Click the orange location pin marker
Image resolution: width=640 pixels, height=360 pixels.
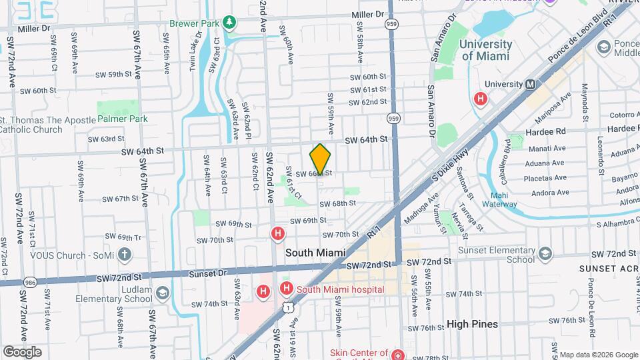(x=320, y=159)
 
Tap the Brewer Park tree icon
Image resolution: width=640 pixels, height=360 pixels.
(x=230, y=23)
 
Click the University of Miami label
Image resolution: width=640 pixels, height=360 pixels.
(x=486, y=50)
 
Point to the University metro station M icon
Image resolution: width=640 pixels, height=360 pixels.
(x=531, y=85)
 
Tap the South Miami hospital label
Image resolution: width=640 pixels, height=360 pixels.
(x=340, y=289)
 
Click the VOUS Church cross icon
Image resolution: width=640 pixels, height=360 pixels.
(x=124, y=255)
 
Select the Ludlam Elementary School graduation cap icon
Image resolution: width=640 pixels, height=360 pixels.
(x=162, y=293)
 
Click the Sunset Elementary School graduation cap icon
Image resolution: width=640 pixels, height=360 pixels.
(x=545, y=253)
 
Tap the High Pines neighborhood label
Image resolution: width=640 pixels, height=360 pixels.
(x=472, y=324)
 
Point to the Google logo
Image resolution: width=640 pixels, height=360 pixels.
(x=22, y=352)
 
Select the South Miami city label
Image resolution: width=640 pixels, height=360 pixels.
(x=315, y=253)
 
